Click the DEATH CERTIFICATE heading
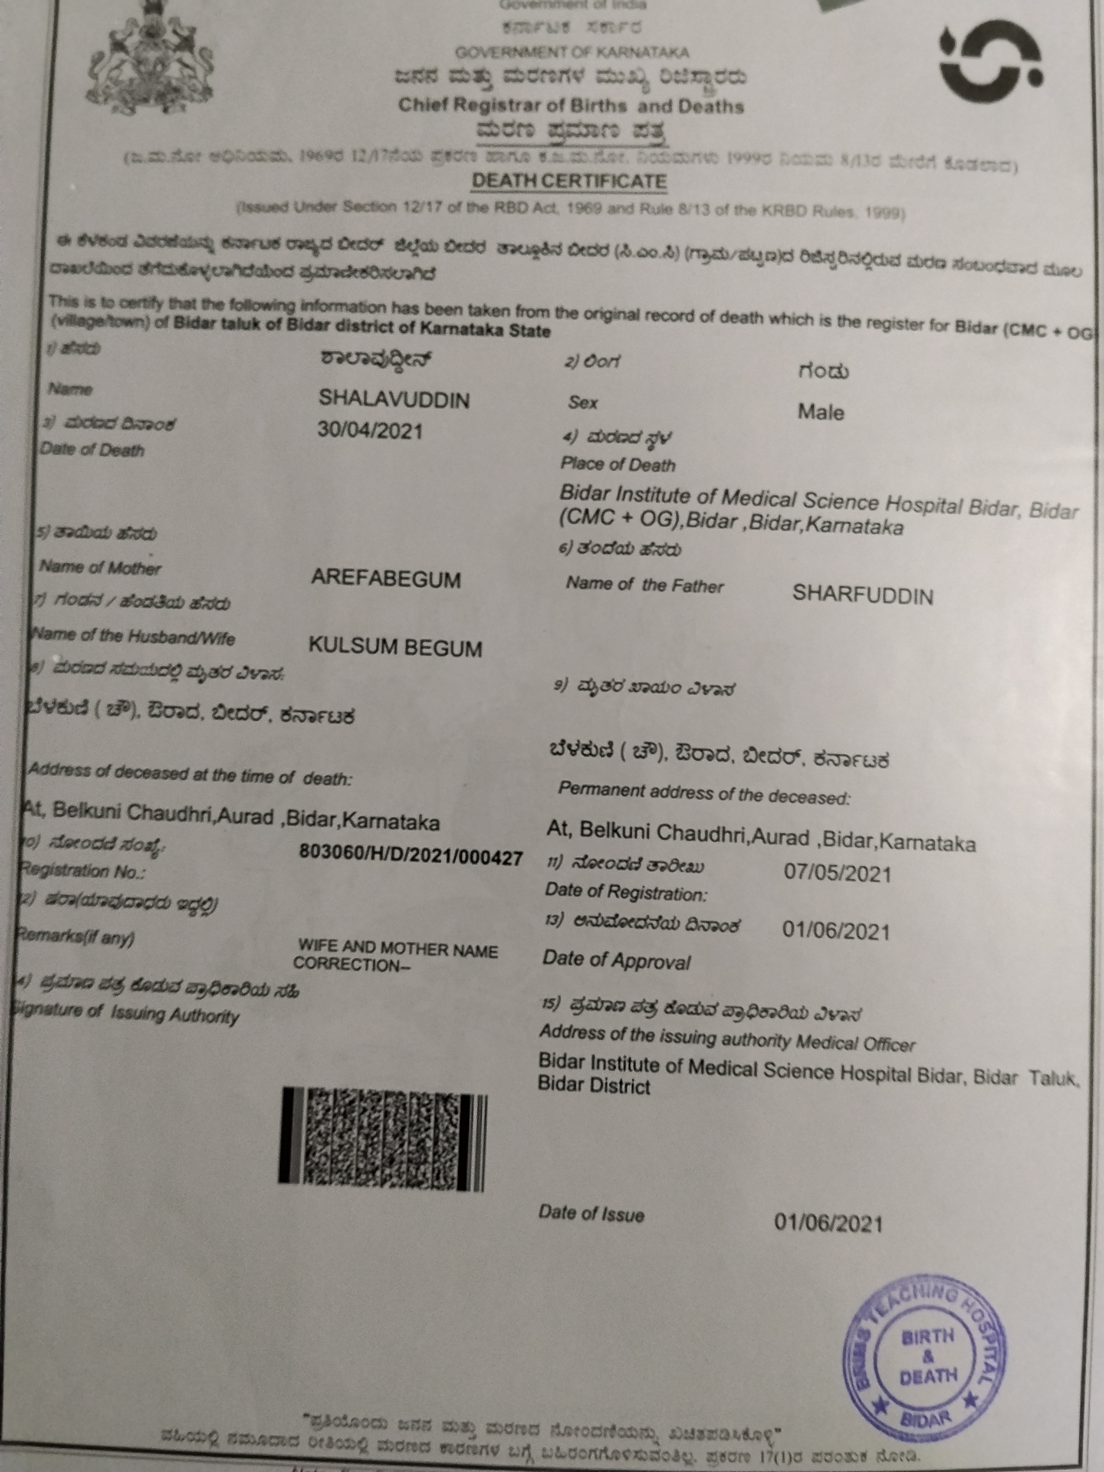click(x=569, y=181)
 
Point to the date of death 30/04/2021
click(x=370, y=431)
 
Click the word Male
click(x=820, y=413)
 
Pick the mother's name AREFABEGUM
click(x=386, y=579)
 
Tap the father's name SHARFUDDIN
click(x=862, y=595)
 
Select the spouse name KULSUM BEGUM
click(x=395, y=647)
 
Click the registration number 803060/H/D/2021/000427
click(x=411, y=857)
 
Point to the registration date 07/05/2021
click(x=837, y=873)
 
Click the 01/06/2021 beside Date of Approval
click(x=836, y=931)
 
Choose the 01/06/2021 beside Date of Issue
click(x=828, y=1223)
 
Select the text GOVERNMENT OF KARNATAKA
click(x=572, y=52)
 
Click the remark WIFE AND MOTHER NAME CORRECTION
click(x=396, y=956)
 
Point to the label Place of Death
click(x=617, y=464)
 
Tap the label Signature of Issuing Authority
click(x=126, y=1014)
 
